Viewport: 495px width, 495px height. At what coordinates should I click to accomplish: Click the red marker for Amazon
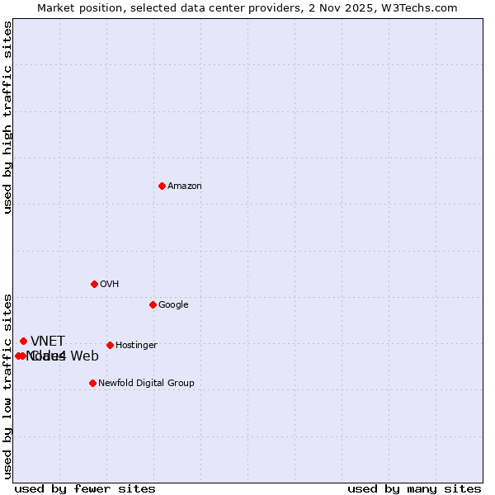click(162, 186)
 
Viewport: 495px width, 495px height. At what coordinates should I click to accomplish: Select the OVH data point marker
click(94, 284)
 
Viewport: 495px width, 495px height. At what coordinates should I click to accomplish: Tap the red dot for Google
click(153, 304)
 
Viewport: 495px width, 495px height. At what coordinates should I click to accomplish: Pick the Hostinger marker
click(110, 345)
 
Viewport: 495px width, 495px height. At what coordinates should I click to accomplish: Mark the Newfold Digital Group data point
click(92, 383)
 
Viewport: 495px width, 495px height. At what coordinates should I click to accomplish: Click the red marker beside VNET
click(23, 341)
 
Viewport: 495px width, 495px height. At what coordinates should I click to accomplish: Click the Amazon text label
click(185, 186)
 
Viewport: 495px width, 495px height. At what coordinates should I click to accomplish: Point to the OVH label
click(110, 285)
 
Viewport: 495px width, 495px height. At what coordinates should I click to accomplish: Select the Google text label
click(173, 305)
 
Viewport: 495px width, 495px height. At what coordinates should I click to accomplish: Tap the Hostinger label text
click(136, 346)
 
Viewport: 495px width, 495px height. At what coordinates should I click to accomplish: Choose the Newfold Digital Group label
click(146, 384)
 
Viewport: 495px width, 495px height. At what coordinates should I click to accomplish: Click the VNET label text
click(48, 342)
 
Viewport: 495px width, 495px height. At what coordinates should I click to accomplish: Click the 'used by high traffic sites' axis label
click(8, 118)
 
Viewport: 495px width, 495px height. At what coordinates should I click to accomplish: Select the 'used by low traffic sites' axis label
click(8, 385)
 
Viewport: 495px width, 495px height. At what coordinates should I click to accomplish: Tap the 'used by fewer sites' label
click(85, 488)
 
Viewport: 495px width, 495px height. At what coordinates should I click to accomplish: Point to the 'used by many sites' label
click(414, 488)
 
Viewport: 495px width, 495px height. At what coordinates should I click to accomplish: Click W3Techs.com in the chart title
click(426, 8)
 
